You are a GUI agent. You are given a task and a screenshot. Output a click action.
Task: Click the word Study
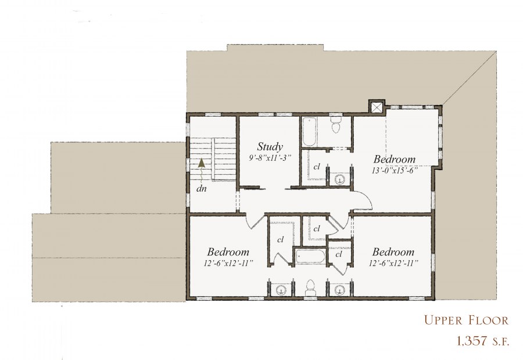270,147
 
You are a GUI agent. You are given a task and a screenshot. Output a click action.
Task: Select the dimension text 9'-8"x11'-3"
270,158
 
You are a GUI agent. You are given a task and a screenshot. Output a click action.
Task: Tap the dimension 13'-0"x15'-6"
395,170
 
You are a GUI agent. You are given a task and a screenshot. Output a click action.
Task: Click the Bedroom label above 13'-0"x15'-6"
394,159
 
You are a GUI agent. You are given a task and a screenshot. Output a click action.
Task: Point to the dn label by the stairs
201,189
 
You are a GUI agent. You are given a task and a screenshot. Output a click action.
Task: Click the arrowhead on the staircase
202,163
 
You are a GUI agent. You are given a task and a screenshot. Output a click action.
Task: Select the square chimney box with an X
377,107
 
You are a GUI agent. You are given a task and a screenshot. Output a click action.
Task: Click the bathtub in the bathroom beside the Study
309,132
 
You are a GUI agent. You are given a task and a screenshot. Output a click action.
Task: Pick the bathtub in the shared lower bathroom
310,257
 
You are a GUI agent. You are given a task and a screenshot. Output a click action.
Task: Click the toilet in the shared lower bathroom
310,288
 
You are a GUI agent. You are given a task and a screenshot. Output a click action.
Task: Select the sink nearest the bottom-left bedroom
281,289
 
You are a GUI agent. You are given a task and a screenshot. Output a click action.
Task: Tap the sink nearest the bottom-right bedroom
339,289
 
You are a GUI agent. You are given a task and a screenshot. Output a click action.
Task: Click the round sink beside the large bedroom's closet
339,179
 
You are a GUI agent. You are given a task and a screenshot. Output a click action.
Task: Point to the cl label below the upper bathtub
317,166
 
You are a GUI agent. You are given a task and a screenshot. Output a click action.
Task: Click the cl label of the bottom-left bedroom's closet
280,239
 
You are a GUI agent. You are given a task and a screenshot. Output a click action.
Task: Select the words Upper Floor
466,321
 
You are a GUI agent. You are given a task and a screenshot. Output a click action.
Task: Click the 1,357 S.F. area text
483,341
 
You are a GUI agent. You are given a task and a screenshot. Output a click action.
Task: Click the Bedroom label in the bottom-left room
228,251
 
